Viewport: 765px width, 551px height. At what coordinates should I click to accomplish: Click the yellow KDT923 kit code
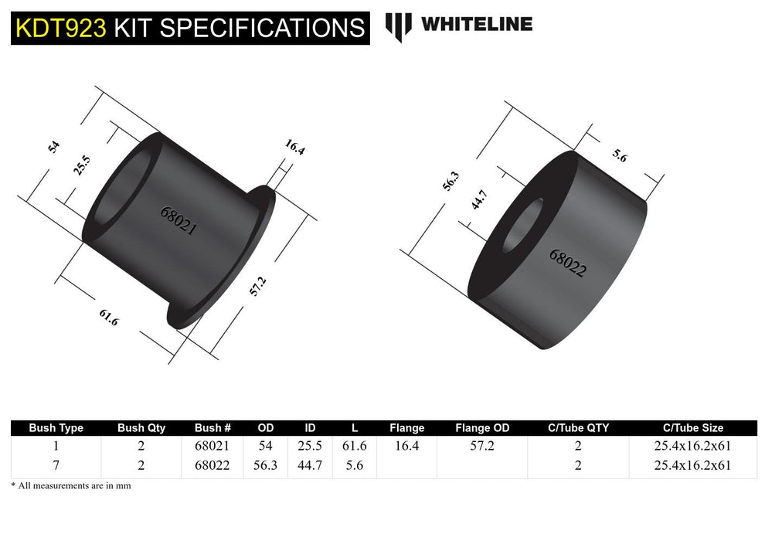(60, 28)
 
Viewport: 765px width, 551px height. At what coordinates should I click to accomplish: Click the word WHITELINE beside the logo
(476, 24)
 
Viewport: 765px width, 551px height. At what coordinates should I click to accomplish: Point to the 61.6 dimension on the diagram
(109, 316)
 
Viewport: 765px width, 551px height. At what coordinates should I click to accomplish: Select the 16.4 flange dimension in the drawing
(294, 147)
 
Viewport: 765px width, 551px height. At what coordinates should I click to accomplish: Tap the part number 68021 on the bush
(178, 220)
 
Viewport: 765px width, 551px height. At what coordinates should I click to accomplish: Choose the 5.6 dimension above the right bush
(620, 154)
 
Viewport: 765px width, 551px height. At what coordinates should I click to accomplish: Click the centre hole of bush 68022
(522, 225)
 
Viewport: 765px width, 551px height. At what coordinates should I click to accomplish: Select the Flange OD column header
(482, 427)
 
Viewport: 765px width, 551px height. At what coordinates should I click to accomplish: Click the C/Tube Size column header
(693, 427)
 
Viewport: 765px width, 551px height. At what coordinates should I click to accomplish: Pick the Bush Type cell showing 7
(56, 465)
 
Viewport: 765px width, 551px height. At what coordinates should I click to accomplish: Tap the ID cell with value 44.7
(310, 465)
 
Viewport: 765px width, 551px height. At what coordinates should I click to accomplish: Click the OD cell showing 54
(266, 446)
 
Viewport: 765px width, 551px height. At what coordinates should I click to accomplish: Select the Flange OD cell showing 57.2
(482, 446)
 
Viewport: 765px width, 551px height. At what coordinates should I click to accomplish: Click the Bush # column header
(213, 427)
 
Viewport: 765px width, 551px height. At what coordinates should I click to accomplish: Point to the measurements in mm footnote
(71, 485)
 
